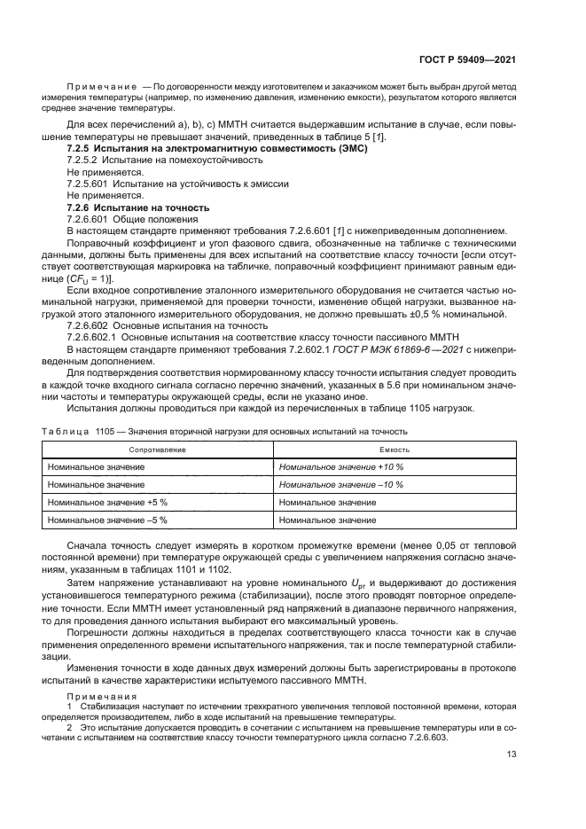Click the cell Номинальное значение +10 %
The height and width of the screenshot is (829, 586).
[340, 467]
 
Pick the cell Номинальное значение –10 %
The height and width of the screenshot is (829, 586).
[340, 485]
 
